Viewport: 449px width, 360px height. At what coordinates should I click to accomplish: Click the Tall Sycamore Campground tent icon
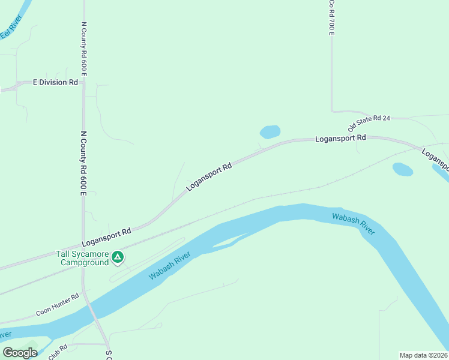click(118, 258)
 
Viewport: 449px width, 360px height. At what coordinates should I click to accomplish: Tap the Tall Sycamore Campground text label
click(83, 258)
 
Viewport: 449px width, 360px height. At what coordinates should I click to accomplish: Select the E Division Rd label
click(55, 82)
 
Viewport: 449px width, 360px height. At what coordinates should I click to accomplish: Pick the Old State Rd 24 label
click(369, 123)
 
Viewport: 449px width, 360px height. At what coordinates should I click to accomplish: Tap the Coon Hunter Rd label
click(57, 305)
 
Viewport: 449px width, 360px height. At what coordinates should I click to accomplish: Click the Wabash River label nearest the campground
click(170, 266)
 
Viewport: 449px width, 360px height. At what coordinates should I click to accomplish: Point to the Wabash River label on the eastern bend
click(354, 223)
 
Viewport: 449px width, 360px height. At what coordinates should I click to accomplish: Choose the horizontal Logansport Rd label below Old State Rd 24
click(340, 138)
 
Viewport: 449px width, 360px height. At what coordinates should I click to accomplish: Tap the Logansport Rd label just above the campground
click(106, 238)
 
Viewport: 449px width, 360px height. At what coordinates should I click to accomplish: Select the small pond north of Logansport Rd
click(270, 131)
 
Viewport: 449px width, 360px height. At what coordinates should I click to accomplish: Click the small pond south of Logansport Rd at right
click(402, 169)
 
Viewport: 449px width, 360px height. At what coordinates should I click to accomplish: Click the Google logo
click(20, 353)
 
